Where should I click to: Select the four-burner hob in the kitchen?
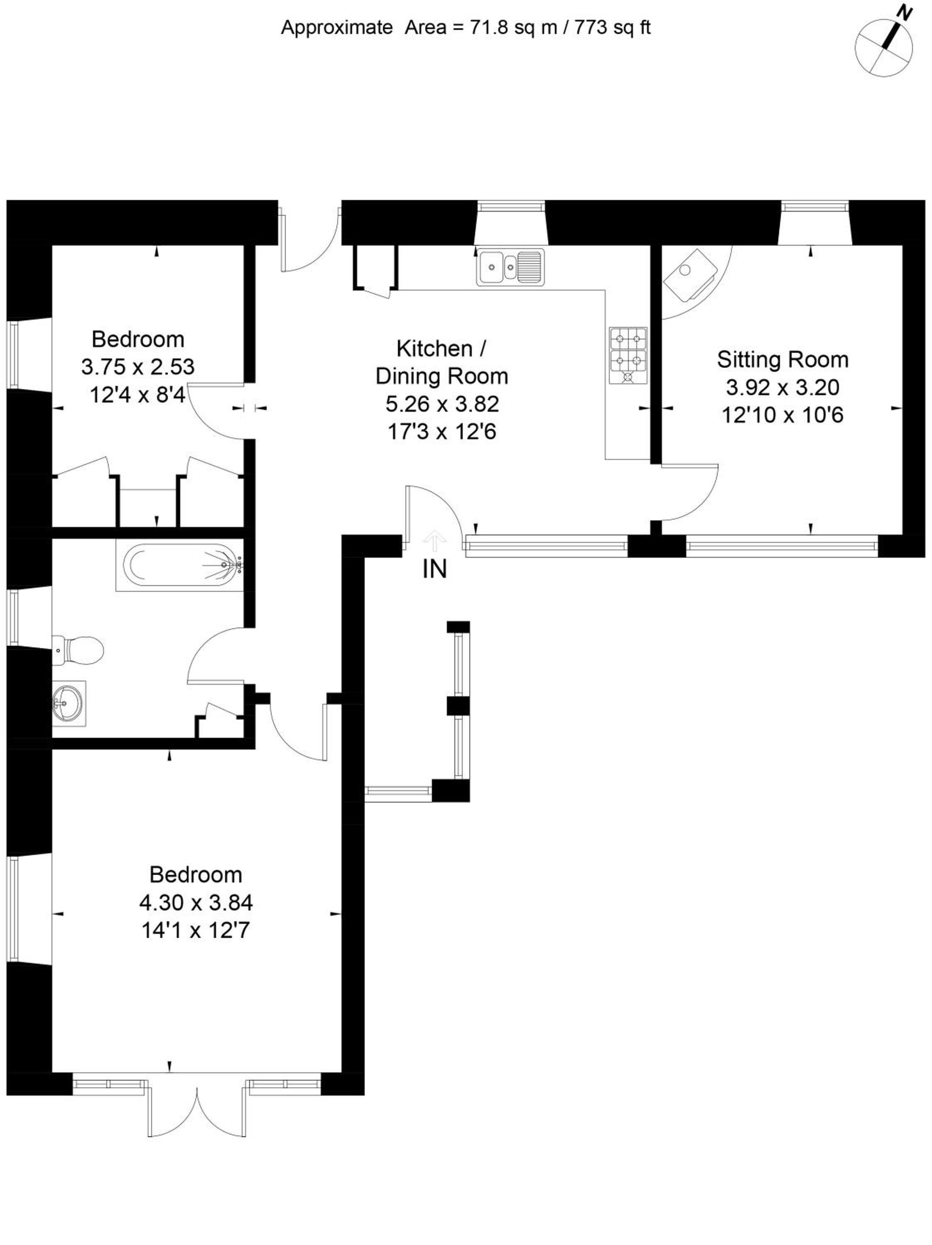[628, 356]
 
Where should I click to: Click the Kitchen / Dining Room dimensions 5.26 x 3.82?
[442, 403]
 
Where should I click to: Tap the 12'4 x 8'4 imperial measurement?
[137, 395]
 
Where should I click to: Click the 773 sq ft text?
[613, 27]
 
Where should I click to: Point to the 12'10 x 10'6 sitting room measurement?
[782, 415]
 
